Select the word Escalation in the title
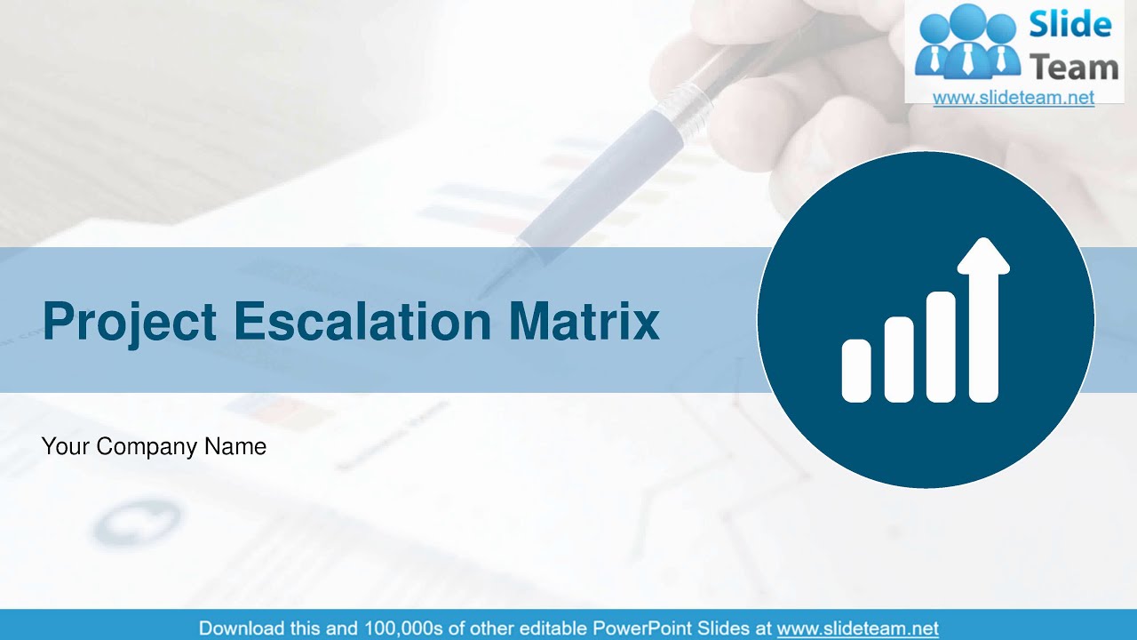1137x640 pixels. (362, 321)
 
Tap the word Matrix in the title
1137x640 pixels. (584, 321)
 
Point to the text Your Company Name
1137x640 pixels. (154, 446)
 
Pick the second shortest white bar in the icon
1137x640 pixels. (899, 359)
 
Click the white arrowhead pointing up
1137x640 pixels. (983, 256)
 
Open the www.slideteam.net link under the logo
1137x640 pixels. (1014, 98)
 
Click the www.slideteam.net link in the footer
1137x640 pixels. (857, 628)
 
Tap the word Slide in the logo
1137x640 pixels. (1070, 25)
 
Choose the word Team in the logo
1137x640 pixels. (1073, 67)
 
